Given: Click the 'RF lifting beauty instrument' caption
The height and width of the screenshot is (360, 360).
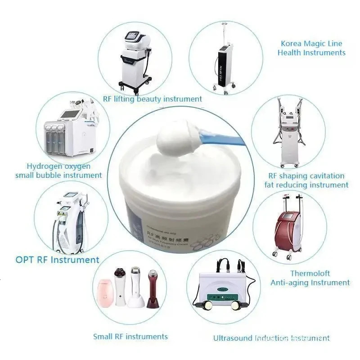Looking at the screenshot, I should (x=153, y=99).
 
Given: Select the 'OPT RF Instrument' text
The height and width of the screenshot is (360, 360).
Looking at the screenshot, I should (x=58, y=260).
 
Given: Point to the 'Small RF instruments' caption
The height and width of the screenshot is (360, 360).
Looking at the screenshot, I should (x=130, y=337).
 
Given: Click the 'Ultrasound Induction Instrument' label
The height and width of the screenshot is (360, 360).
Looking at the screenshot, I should (x=271, y=337).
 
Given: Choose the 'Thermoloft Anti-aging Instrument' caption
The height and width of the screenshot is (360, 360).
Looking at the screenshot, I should (x=310, y=278).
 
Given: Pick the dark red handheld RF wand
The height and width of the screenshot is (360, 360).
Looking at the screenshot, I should (x=153, y=288).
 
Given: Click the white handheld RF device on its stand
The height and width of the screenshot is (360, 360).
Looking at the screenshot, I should (x=135, y=288).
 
